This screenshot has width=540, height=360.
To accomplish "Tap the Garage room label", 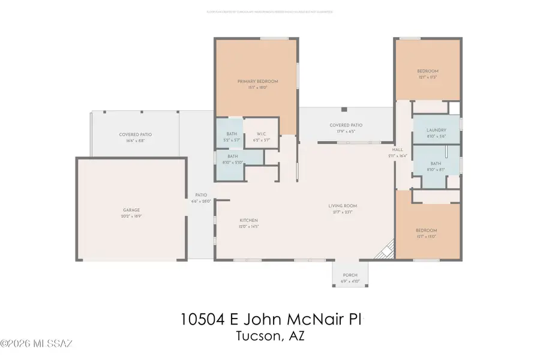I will [131, 210].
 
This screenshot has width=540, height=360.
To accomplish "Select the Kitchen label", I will [248, 220].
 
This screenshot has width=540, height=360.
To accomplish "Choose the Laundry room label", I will [436, 130].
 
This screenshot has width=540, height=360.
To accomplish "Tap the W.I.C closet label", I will [262, 134].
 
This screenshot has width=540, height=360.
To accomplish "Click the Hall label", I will [397, 149].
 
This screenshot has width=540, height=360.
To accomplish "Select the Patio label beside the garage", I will [200, 195].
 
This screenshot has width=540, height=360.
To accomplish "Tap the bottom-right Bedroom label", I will [426, 230].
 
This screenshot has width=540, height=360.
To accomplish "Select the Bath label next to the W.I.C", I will [232, 134].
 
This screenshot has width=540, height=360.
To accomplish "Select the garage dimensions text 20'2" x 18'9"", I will [131, 216].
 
